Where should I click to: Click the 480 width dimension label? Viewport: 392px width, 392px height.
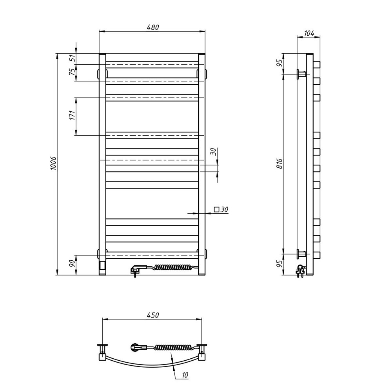153,27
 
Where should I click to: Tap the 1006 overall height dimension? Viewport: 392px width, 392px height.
53,163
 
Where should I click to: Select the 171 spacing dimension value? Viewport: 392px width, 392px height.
72,115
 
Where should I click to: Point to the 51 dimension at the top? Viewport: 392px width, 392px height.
72,58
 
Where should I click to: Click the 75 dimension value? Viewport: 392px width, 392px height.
72,72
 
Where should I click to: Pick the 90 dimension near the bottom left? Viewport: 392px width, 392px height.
72,263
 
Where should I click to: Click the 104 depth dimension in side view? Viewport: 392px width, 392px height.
309,33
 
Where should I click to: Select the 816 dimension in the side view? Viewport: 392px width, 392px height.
280,163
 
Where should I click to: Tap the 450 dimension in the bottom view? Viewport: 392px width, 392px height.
153,315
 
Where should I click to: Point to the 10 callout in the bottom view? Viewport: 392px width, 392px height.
185,375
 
